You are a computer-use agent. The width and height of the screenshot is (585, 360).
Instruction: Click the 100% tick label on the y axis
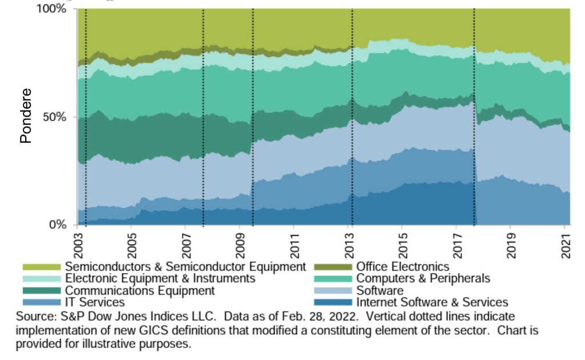pos(53,10)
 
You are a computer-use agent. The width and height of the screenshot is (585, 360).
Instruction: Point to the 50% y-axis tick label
pos(56,117)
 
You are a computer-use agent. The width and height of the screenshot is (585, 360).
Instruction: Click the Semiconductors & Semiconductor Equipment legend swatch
pos(41,267)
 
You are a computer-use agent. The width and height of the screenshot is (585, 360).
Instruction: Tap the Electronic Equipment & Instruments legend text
pos(160,279)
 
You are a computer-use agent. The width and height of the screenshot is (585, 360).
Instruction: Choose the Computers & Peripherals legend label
pos(423,279)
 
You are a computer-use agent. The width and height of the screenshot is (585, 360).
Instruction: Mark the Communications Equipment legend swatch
pos(41,291)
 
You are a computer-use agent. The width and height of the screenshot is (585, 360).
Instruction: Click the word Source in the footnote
pos(34,317)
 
